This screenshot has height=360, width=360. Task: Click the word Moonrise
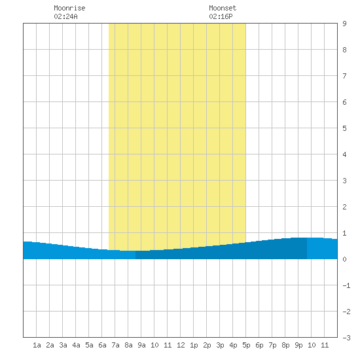pyautogui.click(x=69, y=8)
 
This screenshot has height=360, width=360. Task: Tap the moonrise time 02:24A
pyautogui.click(x=65, y=16)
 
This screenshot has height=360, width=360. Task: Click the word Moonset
pyautogui.click(x=223, y=8)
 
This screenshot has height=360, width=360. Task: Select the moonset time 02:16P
pyautogui.click(x=221, y=16)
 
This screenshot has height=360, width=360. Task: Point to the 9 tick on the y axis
pyautogui.click(x=344, y=24)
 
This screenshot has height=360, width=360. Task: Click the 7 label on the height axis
pyautogui.click(x=344, y=76)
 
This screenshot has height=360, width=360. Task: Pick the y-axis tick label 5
pyautogui.click(x=344, y=128)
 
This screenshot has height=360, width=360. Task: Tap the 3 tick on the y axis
pyautogui.click(x=344, y=181)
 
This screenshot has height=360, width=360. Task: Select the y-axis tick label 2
pyautogui.click(x=344, y=207)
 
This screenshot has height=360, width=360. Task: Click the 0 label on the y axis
pyautogui.click(x=344, y=259)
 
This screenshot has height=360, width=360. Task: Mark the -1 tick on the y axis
pyautogui.click(x=346, y=285)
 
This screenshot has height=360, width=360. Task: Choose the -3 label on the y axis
pyautogui.click(x=346, y=338)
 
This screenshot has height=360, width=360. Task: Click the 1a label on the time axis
pyautogui.click(x=37, y=345)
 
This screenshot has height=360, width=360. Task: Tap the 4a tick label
pyautogui.click(x=76, y=345)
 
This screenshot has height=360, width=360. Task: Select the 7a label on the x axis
pyautogui.click(x=115, y=345)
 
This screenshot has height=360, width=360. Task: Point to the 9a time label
pyautogui.click(x=141, y=345)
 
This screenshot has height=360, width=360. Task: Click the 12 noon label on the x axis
pyautogui.click(x=181, y=345)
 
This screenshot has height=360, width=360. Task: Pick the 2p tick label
pyautogui.click(x=207, y=345)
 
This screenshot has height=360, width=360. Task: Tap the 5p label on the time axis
pyautogui.click(x=246, y=345)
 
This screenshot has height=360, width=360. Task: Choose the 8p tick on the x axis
pyautogui.click(x=285, y=345)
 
